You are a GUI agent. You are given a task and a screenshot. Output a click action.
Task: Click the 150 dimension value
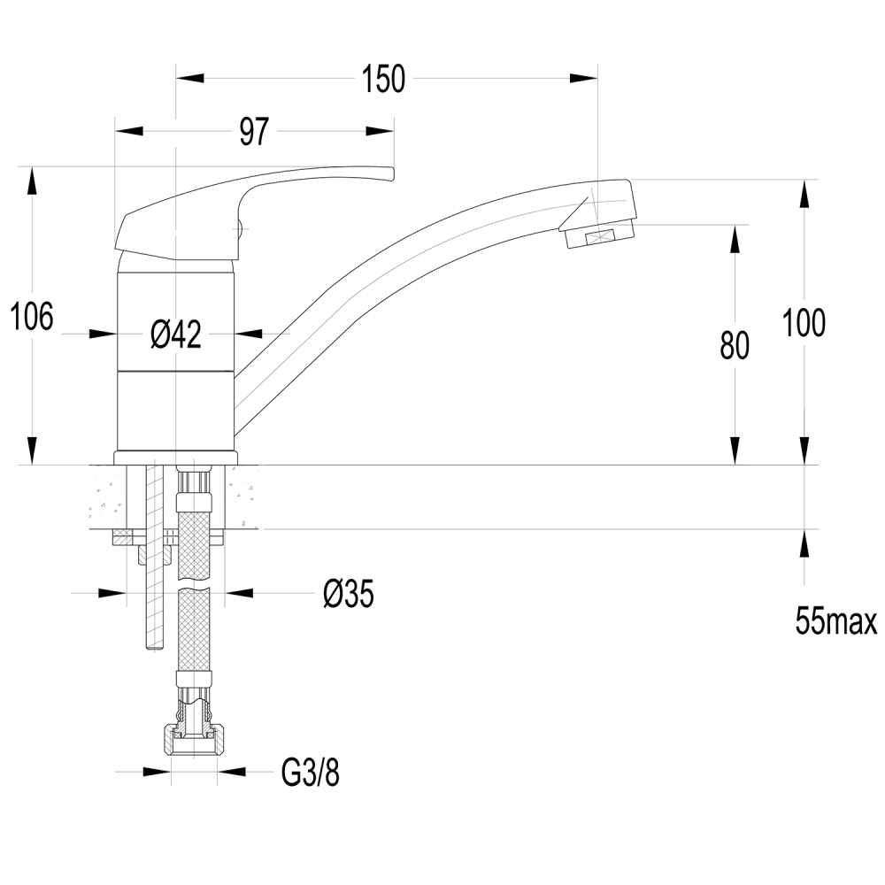[x=383, y=79]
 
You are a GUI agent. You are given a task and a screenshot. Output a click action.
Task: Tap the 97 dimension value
[x=254, y=132]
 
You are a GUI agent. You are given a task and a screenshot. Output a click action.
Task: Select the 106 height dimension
[x=32, y=316]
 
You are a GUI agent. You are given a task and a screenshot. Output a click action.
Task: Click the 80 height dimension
[x=735, y=345]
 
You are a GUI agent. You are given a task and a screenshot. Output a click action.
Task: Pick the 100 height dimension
[x=804, y=323]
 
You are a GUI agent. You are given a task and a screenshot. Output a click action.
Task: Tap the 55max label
[x=836, y=621]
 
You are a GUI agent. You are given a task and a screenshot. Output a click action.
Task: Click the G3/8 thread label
[x=311, y=773]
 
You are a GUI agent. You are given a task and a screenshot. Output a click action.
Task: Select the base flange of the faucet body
[x=176, y=458]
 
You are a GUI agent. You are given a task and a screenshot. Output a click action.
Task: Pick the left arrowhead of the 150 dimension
[x=190, y=78]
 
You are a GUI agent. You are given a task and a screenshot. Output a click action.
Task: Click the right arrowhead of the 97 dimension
[x=380, y=132]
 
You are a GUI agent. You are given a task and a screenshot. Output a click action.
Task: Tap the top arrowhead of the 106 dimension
[x=32, y=181]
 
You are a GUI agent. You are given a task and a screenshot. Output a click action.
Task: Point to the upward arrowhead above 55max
[x=804, y=543]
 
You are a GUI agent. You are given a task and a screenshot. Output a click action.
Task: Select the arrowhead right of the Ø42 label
[x=248, y=334]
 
